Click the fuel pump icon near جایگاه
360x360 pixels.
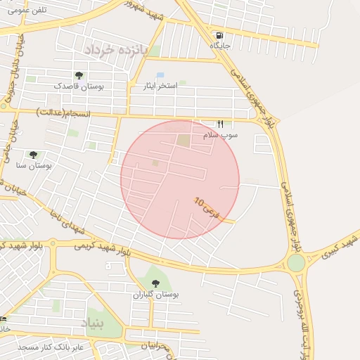coord(220,35)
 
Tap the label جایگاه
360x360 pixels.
coord(220,46)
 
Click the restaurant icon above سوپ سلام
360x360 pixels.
coord(220,124)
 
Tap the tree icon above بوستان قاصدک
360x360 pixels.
coord(78,75)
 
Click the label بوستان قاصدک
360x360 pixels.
coord(79,86)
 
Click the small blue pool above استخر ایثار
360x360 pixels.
coord(160,75)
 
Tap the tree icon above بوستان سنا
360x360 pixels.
coord(33,155)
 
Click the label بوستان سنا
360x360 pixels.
coord(34,165)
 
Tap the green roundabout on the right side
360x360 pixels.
coord(296,263)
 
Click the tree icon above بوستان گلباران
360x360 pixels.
coord(155,284)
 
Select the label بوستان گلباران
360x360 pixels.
coord(156,295)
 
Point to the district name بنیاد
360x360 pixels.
coord(92,324)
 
